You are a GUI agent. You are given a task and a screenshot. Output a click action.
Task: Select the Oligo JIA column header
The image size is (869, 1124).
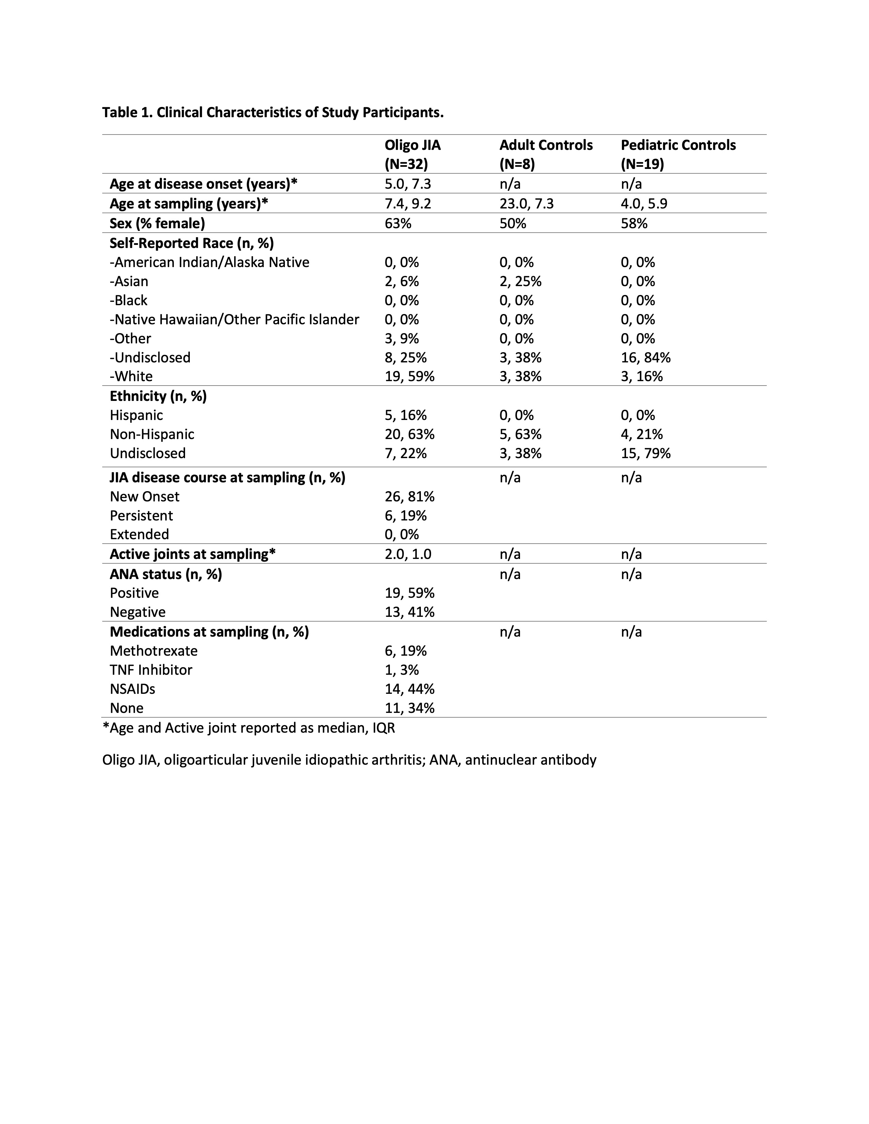pyautogui.click(x=412, y=154)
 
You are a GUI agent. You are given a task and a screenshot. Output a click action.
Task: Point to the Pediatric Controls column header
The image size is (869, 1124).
pyautogui.click(x=678, y=154)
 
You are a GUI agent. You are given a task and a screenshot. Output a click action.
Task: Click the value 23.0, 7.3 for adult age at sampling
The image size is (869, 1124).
pyautogui.click(x=526, y=204)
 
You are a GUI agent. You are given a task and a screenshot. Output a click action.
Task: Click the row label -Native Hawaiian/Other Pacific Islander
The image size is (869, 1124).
pyautogui.click(x=234, y=319)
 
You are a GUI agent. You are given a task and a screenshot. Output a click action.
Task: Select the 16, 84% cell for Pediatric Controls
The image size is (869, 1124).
pyautogui.click(x=645, y=358)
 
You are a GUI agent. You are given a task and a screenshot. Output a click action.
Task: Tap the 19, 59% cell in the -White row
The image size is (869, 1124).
pyautogui.click(x=409, y=377)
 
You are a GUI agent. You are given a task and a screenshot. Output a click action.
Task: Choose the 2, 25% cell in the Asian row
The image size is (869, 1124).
pyautogui.click(x=520, y=282)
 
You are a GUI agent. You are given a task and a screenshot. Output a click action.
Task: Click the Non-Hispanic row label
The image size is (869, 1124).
pyautogui.click(x=152, y=434)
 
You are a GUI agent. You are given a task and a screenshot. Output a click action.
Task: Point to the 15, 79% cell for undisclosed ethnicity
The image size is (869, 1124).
pyautogui.click(x=645, y=453)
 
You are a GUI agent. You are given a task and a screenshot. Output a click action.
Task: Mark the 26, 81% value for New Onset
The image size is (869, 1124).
pyautogui.click(x=409, y=497)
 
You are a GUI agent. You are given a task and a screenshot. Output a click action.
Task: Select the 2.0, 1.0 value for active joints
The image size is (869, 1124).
pyautogui.click(x=408, y=554)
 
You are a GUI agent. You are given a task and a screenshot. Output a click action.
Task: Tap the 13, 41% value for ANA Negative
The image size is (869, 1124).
pyautogui.click(x=409, y=612)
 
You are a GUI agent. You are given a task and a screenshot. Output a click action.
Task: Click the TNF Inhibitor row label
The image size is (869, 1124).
pyautogui.click(x=151, y=670)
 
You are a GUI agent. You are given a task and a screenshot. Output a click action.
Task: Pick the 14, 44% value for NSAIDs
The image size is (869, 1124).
pyautogui.click(x=409, y=689)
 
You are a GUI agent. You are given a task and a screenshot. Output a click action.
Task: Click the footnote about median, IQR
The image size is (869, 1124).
pyautogui.click(x=249, y=728)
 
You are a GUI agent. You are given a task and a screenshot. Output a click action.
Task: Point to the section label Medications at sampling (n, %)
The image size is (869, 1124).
pyautogui.click(x=209, y=632)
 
